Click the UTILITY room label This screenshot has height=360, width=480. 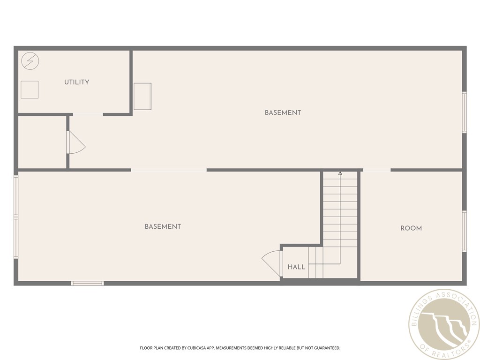pos(76,82)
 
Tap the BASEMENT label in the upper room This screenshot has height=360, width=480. pos(283,112)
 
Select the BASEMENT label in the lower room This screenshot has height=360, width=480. pos(163,226)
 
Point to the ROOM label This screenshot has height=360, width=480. pos(411,228)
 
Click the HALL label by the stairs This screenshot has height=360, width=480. pos(296,267)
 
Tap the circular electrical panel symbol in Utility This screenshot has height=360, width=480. pos(30,61)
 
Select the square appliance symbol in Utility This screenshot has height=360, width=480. pos(30,90)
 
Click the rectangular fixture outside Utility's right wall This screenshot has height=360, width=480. pos(142,96)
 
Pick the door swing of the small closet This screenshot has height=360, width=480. pos(75,142)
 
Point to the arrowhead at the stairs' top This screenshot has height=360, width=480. pos(340,173)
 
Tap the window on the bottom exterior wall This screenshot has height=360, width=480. pos(87,283)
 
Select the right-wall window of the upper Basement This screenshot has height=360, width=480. pos(464,112)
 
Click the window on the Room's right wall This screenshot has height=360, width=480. pos(464,231)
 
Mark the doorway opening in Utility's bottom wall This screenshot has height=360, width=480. pos(88,114)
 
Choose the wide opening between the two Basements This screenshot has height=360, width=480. pos(169,170)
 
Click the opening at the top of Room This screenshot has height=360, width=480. pos(376,170)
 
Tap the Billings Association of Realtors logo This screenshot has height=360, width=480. pos(443,324)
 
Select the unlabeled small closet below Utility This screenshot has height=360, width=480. pos(42,142)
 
